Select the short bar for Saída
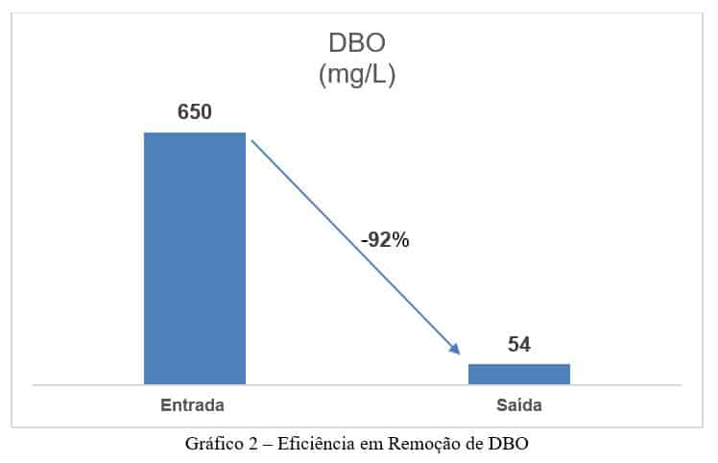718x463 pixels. pos(518,374)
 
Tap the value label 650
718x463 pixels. pos(195,112)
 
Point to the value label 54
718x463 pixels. pos(519,345)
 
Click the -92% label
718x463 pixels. pos(385,241)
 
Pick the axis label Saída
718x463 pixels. pos(519,405)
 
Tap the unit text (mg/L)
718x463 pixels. pos(357,76)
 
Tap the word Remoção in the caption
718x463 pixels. pos(422,444)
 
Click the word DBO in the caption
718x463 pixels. pos(509,444)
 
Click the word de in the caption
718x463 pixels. pos(474,444)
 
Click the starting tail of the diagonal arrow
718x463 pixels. pos(253,141)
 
